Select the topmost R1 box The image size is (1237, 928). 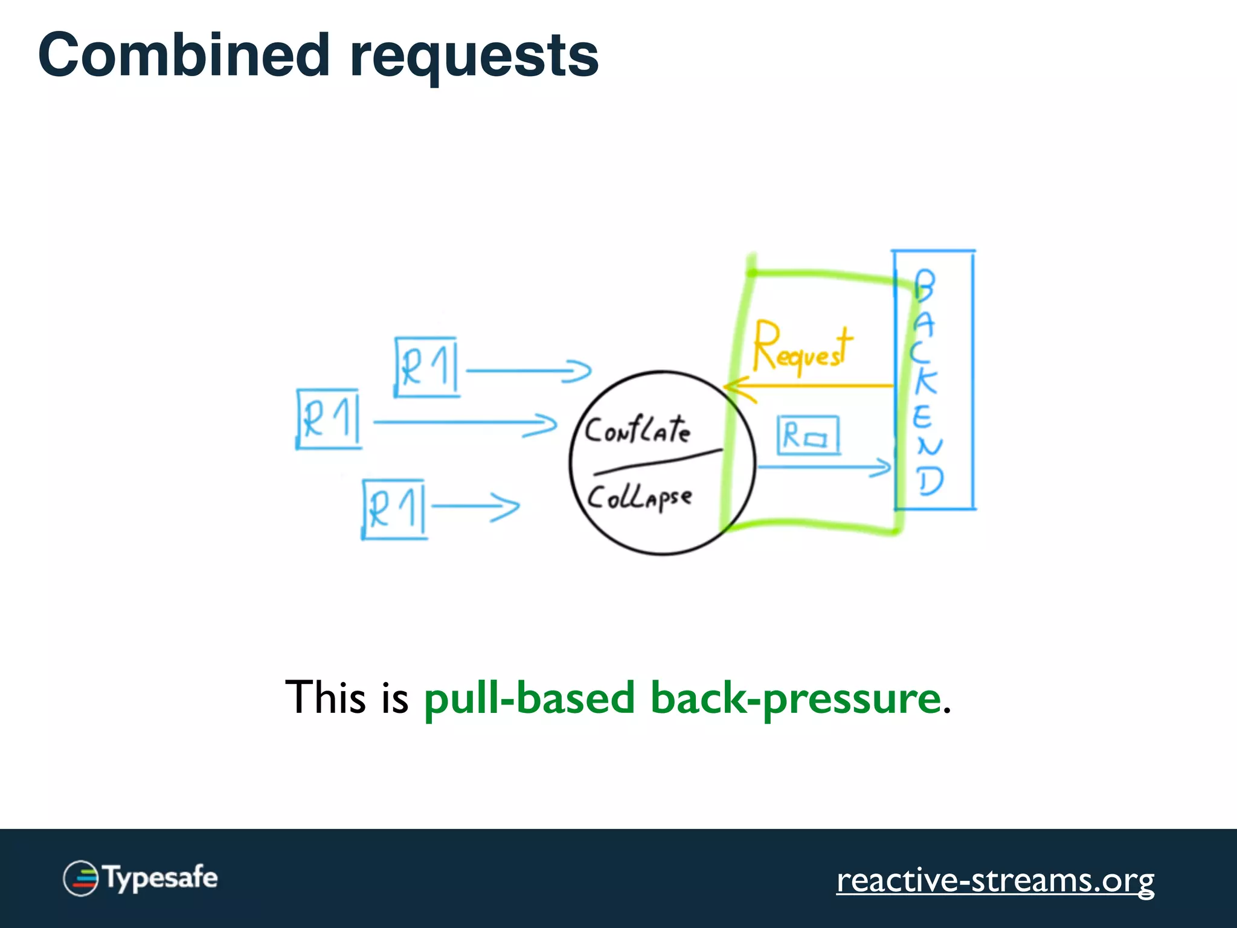[426, 367]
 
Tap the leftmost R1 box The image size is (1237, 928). [329, 419]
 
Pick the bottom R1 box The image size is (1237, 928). [394, 509]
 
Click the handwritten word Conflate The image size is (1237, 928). [637, 430]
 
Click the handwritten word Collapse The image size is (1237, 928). [640, 498]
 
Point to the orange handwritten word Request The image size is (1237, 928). [802, 347]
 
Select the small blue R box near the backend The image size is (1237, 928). [808, 435]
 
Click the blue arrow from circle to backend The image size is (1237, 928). [824, 467]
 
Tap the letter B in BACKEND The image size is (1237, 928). [924, 285]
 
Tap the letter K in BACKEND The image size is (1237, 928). [925, 382]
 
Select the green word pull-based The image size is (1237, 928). [529, 698]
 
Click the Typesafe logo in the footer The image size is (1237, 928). [141, 878]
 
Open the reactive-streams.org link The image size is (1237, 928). [995, 880]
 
